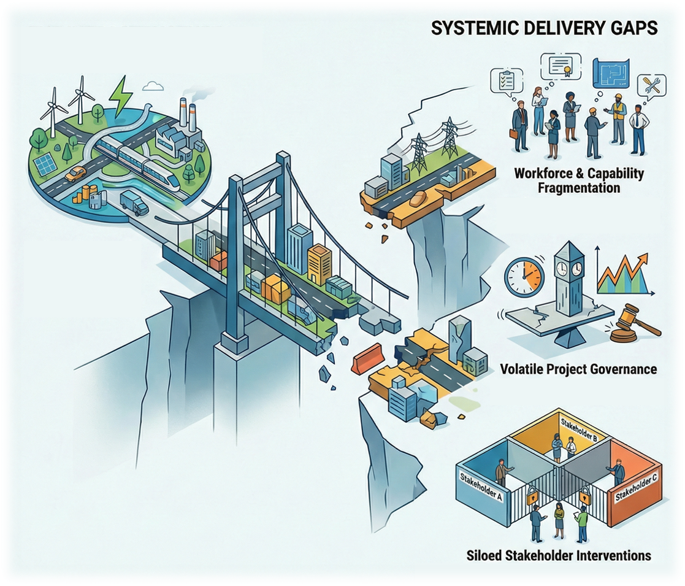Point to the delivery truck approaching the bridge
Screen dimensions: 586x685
pyautogui.click(x=134, y=202)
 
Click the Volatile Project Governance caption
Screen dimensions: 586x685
pyautogui.click(x=578, y=369)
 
